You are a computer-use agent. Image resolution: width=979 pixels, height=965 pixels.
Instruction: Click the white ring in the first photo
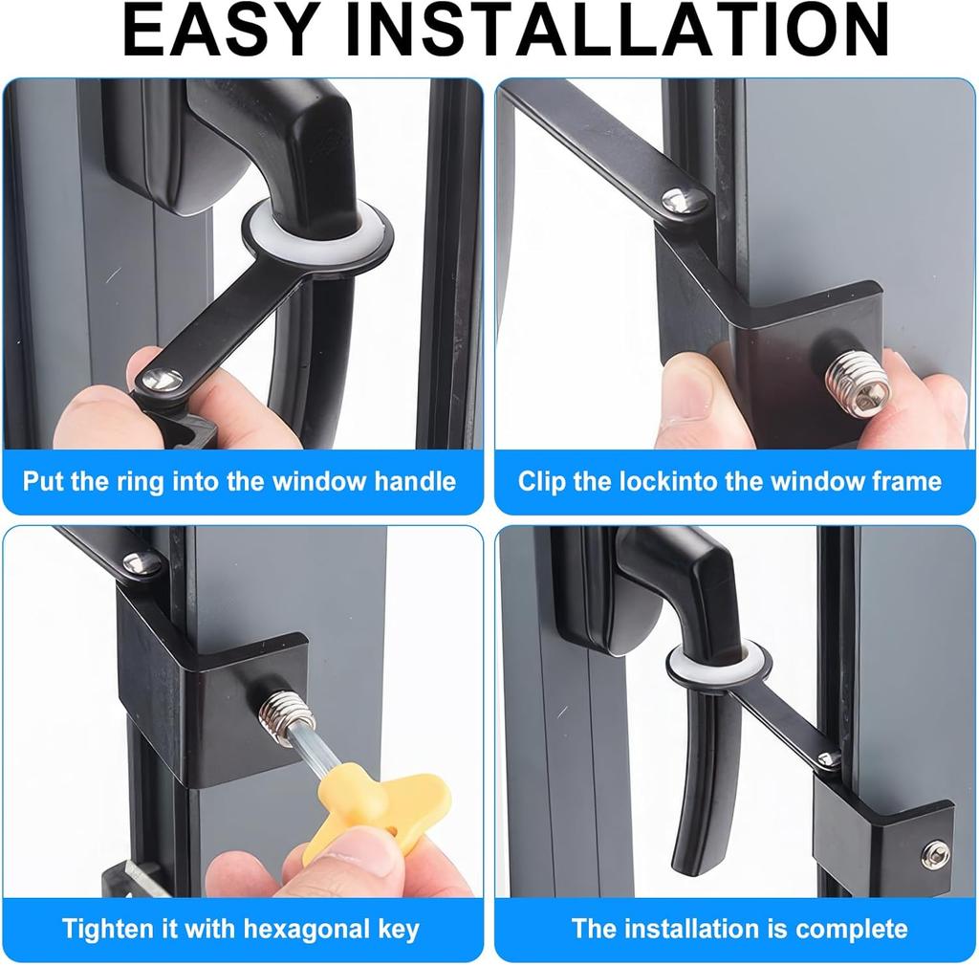point(316,235)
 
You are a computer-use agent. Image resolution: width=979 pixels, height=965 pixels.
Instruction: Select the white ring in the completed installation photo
point(717,661)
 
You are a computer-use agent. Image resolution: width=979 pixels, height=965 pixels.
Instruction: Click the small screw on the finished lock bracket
point(936,854)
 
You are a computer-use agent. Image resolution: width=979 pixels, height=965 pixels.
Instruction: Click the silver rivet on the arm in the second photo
point(685,200)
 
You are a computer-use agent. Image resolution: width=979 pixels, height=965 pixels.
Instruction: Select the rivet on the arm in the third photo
point(141,563)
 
